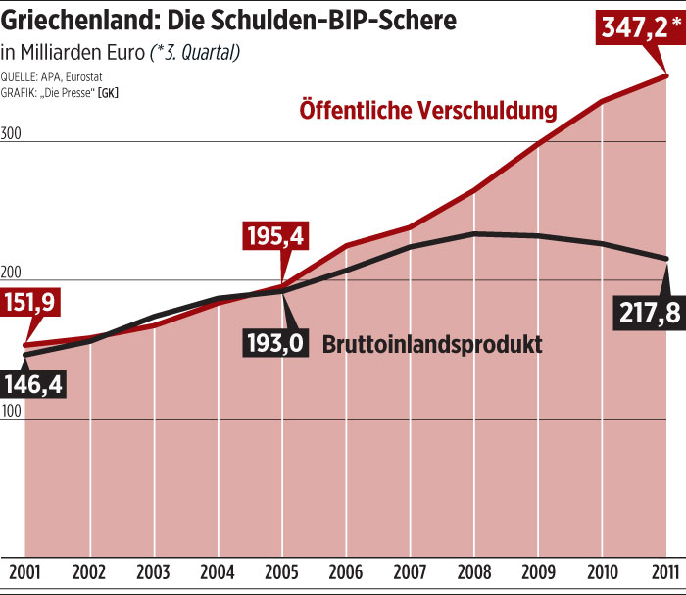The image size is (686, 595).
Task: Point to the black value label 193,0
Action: point(276,344)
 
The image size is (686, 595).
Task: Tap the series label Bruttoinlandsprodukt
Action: point(432,345)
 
